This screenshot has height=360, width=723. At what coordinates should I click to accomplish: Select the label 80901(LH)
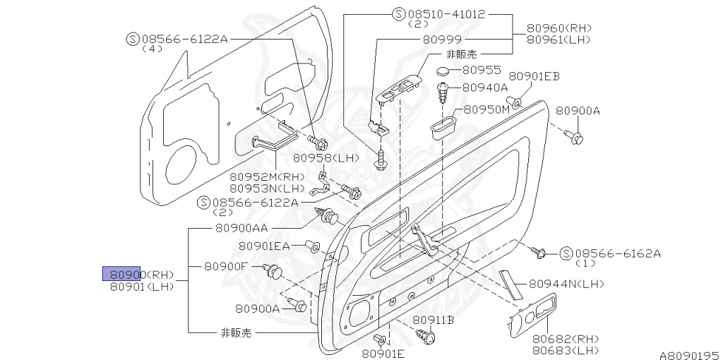pyautogui.click(x=142, y=287)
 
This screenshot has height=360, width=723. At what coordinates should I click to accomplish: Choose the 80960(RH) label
pyautogui.click(x=559, y=28)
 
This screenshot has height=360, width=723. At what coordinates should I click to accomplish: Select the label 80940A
pyautogui.click(x=485, y=88)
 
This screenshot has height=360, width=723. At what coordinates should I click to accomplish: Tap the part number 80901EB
pyautogui.click(x=534, y=76)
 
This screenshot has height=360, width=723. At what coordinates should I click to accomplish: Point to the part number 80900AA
pyautogui.click(x=240, y=229)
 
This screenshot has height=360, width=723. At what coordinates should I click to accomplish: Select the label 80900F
pyautogui.click(x=226, y=267)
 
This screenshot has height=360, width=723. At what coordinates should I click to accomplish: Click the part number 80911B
pyautogui.click(x=433, y=320)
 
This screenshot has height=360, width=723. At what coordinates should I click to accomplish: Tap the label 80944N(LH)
pyautogui.click(x=566, y=283)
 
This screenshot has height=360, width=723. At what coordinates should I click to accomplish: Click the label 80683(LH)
pyautogui.click(x=565, y=350)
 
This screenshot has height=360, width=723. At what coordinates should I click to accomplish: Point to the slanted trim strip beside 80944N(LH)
pyautogui.click(x=510, y=283)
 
